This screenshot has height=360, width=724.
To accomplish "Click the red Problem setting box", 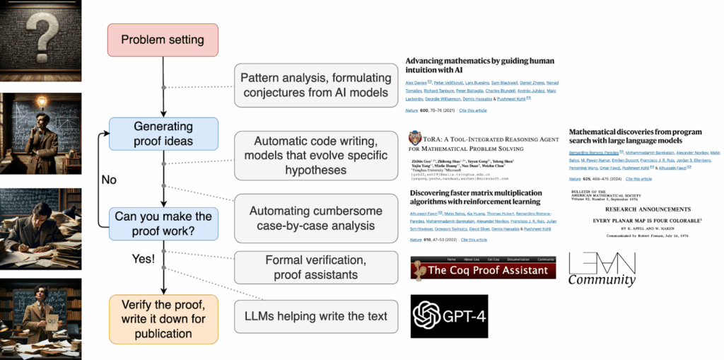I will pos(163,40).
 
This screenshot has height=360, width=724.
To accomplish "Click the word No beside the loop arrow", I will pos(108,180).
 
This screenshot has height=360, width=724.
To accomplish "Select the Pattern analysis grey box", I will pos(315,85).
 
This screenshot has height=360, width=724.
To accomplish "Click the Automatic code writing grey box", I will pos(315,155).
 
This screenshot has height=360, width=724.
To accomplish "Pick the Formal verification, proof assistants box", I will pos(315,267).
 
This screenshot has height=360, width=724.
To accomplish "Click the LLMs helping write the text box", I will pos(315,316).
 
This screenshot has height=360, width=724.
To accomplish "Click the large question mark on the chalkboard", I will pos(40,32).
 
